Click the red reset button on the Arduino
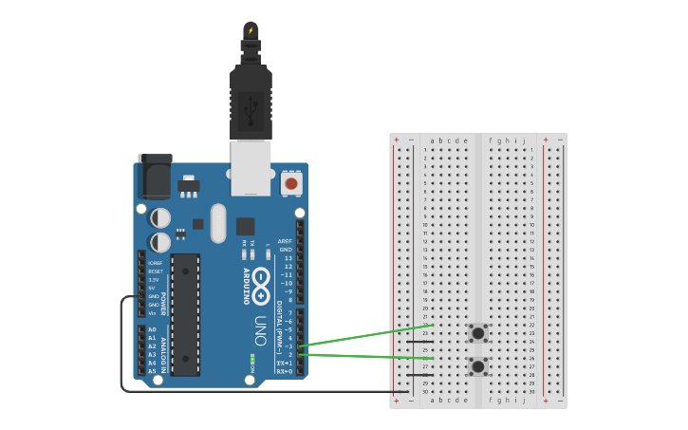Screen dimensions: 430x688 291,183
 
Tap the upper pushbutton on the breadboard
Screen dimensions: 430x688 478,332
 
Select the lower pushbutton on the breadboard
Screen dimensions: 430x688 478,365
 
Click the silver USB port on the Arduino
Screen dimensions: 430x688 251,168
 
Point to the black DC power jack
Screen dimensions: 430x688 154,177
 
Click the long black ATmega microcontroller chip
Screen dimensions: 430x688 185,313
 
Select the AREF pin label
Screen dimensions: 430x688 286,241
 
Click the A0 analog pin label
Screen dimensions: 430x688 152,329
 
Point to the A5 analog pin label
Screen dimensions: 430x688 152,371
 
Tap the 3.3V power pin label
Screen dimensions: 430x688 154,280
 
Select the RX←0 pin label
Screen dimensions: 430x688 284,371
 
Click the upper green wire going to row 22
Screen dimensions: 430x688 370,334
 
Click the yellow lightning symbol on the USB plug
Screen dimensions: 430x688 251,30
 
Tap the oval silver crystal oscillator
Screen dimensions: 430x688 219,223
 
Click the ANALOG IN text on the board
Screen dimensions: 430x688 162,351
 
